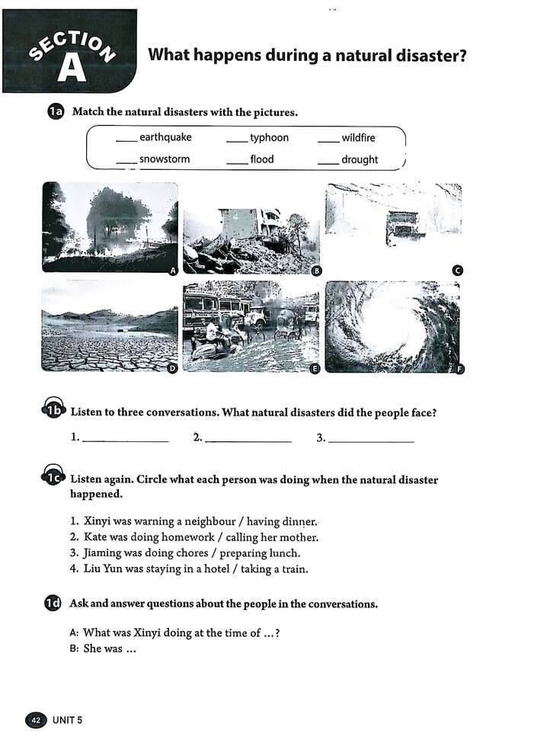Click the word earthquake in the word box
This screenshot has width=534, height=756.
(x=165, y=138)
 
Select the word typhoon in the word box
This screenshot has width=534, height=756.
(x=269, y=138)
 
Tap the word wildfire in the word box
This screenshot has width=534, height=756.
(x=358, y=138)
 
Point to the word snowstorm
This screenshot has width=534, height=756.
(x=165, y=159)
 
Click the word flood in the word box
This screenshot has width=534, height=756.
(x=261, y=159)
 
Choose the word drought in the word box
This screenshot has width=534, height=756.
(x=360, y=159)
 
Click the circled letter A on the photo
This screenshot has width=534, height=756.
(x=173, y=271)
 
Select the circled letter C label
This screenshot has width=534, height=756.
(x=458, y=271)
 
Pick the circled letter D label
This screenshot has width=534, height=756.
(x=172, y=369)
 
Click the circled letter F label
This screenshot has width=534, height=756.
(x=459, y=370)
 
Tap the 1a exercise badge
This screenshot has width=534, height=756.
(x=54, y=112)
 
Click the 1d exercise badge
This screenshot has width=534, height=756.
(x=53, y=604)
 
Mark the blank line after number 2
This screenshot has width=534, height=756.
(x=248, y=440)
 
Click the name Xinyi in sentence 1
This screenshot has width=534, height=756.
(x=97, y=522)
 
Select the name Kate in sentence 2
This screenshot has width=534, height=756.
(x=95, y=537)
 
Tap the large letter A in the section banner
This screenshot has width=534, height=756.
(x=72, y=67)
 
